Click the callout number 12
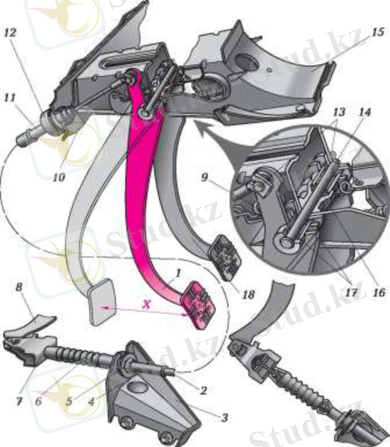10,33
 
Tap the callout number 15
378,32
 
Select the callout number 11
10,98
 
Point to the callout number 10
59,177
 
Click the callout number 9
205,177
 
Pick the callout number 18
248,294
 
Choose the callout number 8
19,287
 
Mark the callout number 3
224,418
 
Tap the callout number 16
379,292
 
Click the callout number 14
365,112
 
